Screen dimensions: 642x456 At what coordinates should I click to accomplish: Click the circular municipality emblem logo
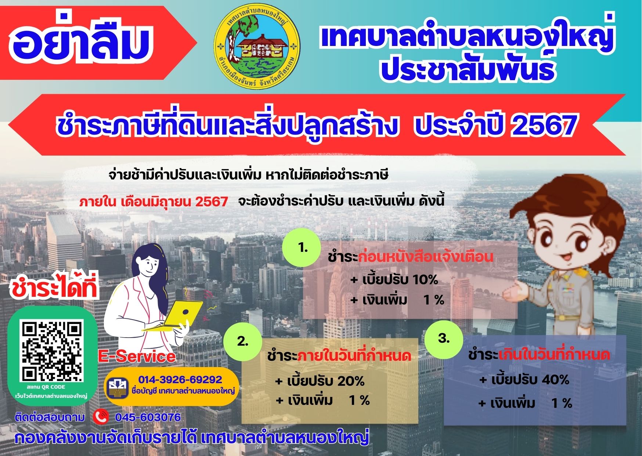[x=257, y=46]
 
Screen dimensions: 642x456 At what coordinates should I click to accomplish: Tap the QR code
[x=52, y=351]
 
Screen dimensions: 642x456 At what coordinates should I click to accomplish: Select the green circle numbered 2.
[x=243, y=341]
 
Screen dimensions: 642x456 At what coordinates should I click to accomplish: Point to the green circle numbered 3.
[x=444, y=339]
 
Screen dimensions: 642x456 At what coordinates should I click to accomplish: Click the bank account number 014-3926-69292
[x=180, y=380]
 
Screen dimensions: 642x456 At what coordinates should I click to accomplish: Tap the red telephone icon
[x=101, y=417]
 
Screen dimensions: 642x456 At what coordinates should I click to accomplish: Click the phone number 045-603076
[x=148, y=417]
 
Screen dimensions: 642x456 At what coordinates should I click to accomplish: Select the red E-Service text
[x=137, y=356]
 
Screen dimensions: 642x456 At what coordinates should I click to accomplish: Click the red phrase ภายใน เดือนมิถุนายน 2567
[x=154, y=202]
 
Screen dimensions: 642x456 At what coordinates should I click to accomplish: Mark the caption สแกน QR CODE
[x=46, y=387]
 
